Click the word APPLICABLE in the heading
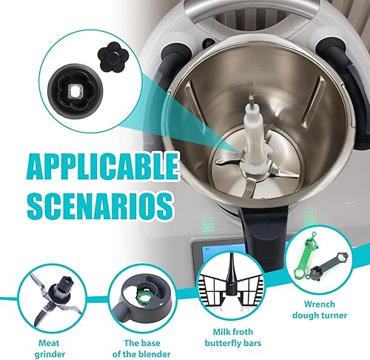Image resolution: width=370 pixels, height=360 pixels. click(x=102, y=166)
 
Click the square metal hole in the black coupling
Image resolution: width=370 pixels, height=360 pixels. click(x=74, y=91)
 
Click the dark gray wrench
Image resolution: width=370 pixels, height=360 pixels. click(x=328, y=267)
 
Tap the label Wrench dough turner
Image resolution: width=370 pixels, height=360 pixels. click(x=320, y=310)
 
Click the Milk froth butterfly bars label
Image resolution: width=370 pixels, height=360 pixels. click(x=233, y=337)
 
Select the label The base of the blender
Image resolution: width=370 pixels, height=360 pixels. click(x=141, y=348)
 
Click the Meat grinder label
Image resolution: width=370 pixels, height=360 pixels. click(x=50, y=348)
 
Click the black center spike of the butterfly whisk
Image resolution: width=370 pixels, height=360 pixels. click(x=232, y=274)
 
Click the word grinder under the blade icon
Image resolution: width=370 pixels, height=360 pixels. click(x=50, y=354)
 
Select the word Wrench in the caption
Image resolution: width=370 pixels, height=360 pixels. click(x=320, y=304)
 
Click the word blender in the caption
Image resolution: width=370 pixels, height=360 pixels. click(x=155, y=354)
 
